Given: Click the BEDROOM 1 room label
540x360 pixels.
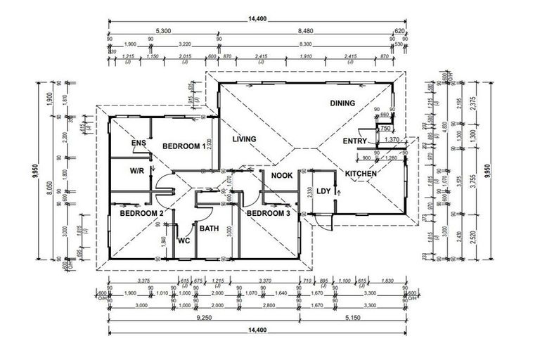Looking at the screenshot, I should tap(184, 146).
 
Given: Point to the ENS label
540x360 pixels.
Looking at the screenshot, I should tap(139, 143).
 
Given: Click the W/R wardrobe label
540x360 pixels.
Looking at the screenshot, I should tap(137, 171).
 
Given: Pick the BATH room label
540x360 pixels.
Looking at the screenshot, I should tap(210, 229).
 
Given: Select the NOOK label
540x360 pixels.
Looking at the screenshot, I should tap(282, 176).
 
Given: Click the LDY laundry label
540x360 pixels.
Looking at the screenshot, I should tap(323, 191).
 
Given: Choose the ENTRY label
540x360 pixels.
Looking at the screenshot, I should tap(355, 141).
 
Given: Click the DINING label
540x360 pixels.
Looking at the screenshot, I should tap(342, 103).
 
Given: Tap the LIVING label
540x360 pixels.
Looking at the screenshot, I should tap(244, 139).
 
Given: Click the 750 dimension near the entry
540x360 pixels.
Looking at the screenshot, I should tap(385, 129).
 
